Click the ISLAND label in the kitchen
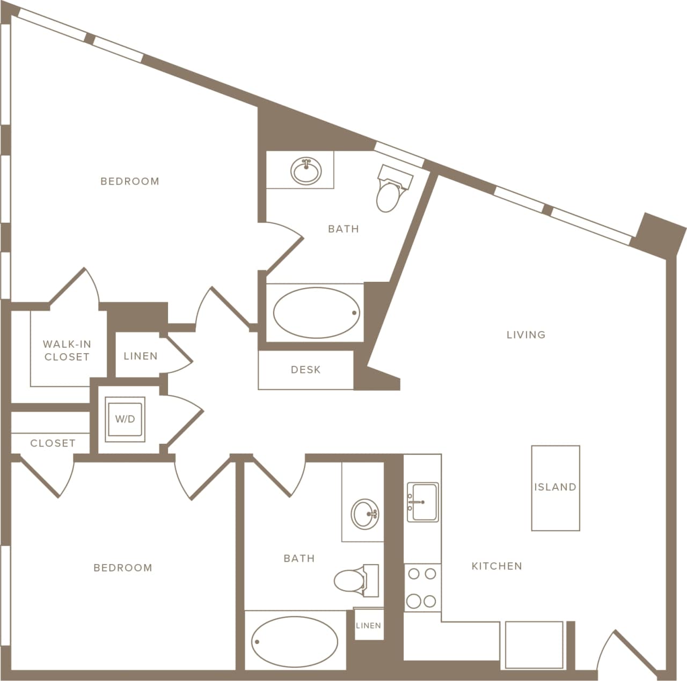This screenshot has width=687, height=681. click(x=555, y=487)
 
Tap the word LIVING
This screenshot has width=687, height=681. click(x=526, y=335)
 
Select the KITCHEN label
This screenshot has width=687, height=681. click(x=496, y=566)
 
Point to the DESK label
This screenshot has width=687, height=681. click(x=305, y=370)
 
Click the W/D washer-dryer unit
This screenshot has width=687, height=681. click(x=125, y=419)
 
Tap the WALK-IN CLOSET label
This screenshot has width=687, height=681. click(x=67, y=350)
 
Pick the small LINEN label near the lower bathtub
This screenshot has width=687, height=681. click(x=369, y=625)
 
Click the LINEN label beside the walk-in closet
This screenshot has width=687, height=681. click(x=141, y=356)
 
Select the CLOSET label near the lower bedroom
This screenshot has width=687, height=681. click(x=53, y=443)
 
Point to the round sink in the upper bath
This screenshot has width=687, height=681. click(x=306, y=172)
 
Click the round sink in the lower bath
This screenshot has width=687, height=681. click(x=366, y=514)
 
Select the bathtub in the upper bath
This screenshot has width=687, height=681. click(x=316, y=313)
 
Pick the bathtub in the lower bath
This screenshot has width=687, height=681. click(x=294, y=642)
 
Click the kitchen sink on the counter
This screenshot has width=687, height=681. click(x=422, y=502)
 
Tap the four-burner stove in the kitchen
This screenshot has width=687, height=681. click(x=422, y=588)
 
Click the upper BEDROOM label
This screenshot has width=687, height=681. click(x=130, y=181)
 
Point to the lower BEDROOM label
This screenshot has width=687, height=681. click(x=123, y=568)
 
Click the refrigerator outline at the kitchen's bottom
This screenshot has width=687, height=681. click(x=534, y=645)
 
